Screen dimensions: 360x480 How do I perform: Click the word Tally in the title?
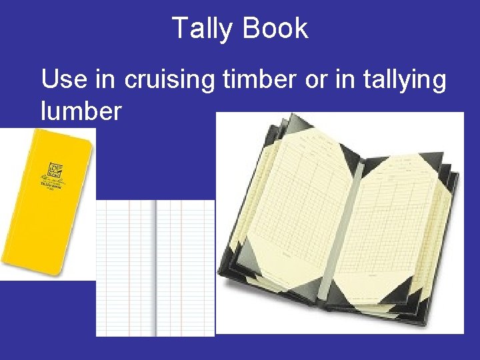tap(203, 29)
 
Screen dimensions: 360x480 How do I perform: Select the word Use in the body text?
tap(64, 81)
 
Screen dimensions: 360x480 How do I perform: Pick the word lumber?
tap(81, 111)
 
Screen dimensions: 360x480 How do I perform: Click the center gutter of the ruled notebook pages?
tap(155, 267)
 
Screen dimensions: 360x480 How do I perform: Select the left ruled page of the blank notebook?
tap(125, 267)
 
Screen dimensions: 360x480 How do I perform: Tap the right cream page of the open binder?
tap(400, 220)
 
